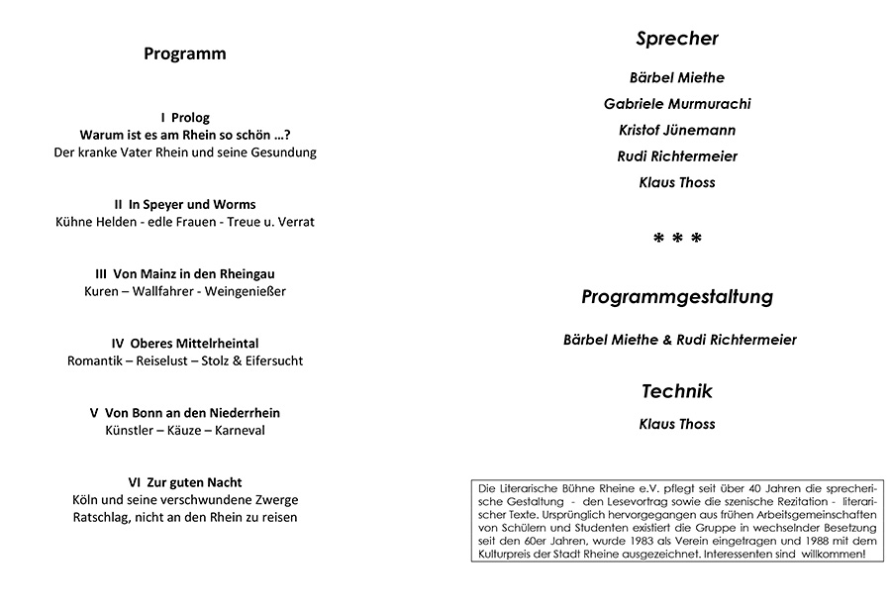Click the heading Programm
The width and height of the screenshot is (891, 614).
point(184,54)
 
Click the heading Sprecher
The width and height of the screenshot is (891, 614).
point(676,40)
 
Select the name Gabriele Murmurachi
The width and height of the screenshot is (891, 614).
point(677,104)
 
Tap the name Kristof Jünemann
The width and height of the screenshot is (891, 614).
point(677,130)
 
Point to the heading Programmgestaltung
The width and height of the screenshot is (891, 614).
point(677,297)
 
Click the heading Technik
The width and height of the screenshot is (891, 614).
point(677,392)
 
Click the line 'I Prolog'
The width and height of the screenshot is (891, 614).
point(185,117)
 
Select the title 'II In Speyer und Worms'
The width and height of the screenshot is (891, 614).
point(185,204)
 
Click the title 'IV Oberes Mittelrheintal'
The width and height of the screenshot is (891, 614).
point(185,343)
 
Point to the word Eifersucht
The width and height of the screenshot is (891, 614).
point(268,360)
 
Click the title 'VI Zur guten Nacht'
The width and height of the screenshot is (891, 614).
point(185,482)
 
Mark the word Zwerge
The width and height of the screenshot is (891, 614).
point(277,499)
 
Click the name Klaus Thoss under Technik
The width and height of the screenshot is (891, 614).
point(677,425)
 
